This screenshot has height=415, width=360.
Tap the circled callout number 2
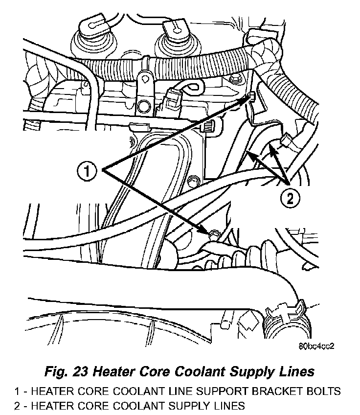pyautogui.click(x=290, y=198)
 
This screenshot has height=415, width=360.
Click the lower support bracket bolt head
pyautogui.click(x=212, y=235)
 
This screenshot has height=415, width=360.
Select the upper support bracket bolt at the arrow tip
pyautogui.click(x=251, y=96)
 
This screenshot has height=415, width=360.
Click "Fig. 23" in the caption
pyautogui.click(x=66, y=372)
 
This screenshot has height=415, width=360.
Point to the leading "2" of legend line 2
pyautogui.click(x=17, y=406)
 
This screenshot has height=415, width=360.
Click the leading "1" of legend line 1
pyautogui.click(x=17, y=392)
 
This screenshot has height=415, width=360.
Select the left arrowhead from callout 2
pyautogui.click(x=248, y=154)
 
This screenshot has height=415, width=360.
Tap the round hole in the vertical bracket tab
pyautogui.click(x=144, y=105)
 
